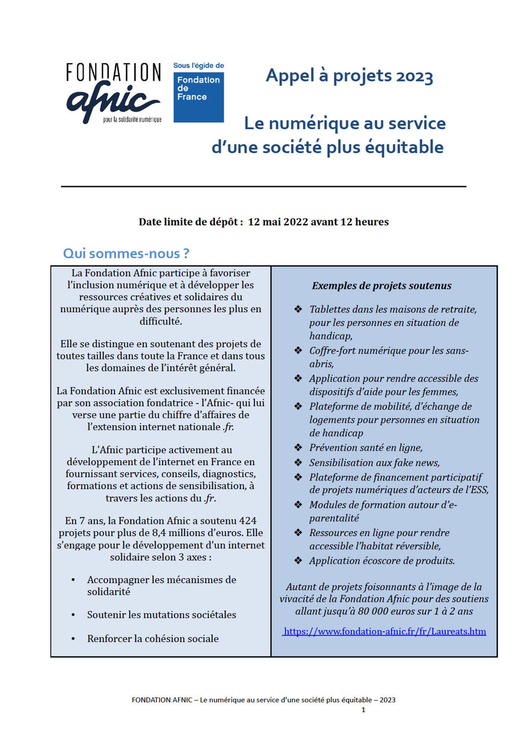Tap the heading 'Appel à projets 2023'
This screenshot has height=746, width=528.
point(349,76)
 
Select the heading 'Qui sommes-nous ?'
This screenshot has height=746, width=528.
point(126,254)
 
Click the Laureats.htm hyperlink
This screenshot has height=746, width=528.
point(384,631)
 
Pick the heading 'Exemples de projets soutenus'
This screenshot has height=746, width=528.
point(381,286)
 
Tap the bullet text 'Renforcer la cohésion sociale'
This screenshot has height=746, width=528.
point(153,639)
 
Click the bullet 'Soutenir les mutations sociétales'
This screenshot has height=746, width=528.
point(161,615)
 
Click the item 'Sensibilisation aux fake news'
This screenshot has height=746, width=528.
point(374,463)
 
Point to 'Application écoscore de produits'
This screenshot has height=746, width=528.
point(382,561)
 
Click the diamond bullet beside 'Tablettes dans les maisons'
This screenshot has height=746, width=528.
point(298,309)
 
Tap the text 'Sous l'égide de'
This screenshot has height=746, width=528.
point(199,66)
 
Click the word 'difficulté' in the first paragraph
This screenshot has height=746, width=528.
point(161,321)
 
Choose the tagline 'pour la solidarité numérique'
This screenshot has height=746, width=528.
point(132,120)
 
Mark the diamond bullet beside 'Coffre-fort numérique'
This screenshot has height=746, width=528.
point(298,351)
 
